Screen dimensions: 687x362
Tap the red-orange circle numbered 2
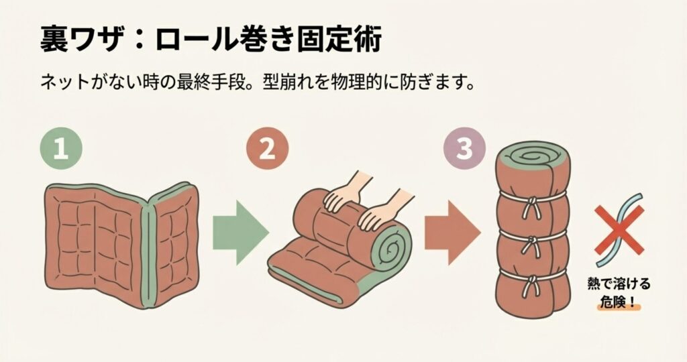pos(267,149)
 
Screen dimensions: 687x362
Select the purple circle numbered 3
pos(464,148)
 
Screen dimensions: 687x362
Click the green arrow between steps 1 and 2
pos(241,233)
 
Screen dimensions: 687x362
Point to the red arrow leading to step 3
pos(452,233)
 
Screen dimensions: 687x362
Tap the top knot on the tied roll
pos(532,206)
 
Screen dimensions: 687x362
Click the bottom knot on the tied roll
pos(533,284)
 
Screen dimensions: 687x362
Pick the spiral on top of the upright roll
pos(531,157)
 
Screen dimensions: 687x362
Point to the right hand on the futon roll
pos(381,213)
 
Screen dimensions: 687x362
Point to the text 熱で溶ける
pos(619,284)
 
